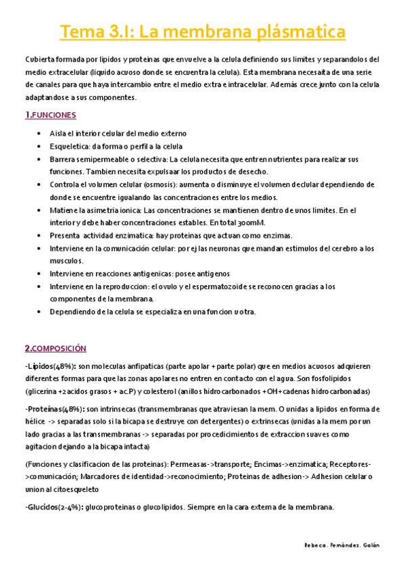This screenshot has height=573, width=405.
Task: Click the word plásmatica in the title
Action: pos(295,32)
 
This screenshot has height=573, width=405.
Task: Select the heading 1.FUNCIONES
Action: pos(51,115)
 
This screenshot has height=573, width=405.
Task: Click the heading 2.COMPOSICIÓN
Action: pos(56,349)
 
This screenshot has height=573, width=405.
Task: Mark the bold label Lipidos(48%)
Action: pos(50,366)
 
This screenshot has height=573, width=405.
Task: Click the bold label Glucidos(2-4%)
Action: pos(55,508)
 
